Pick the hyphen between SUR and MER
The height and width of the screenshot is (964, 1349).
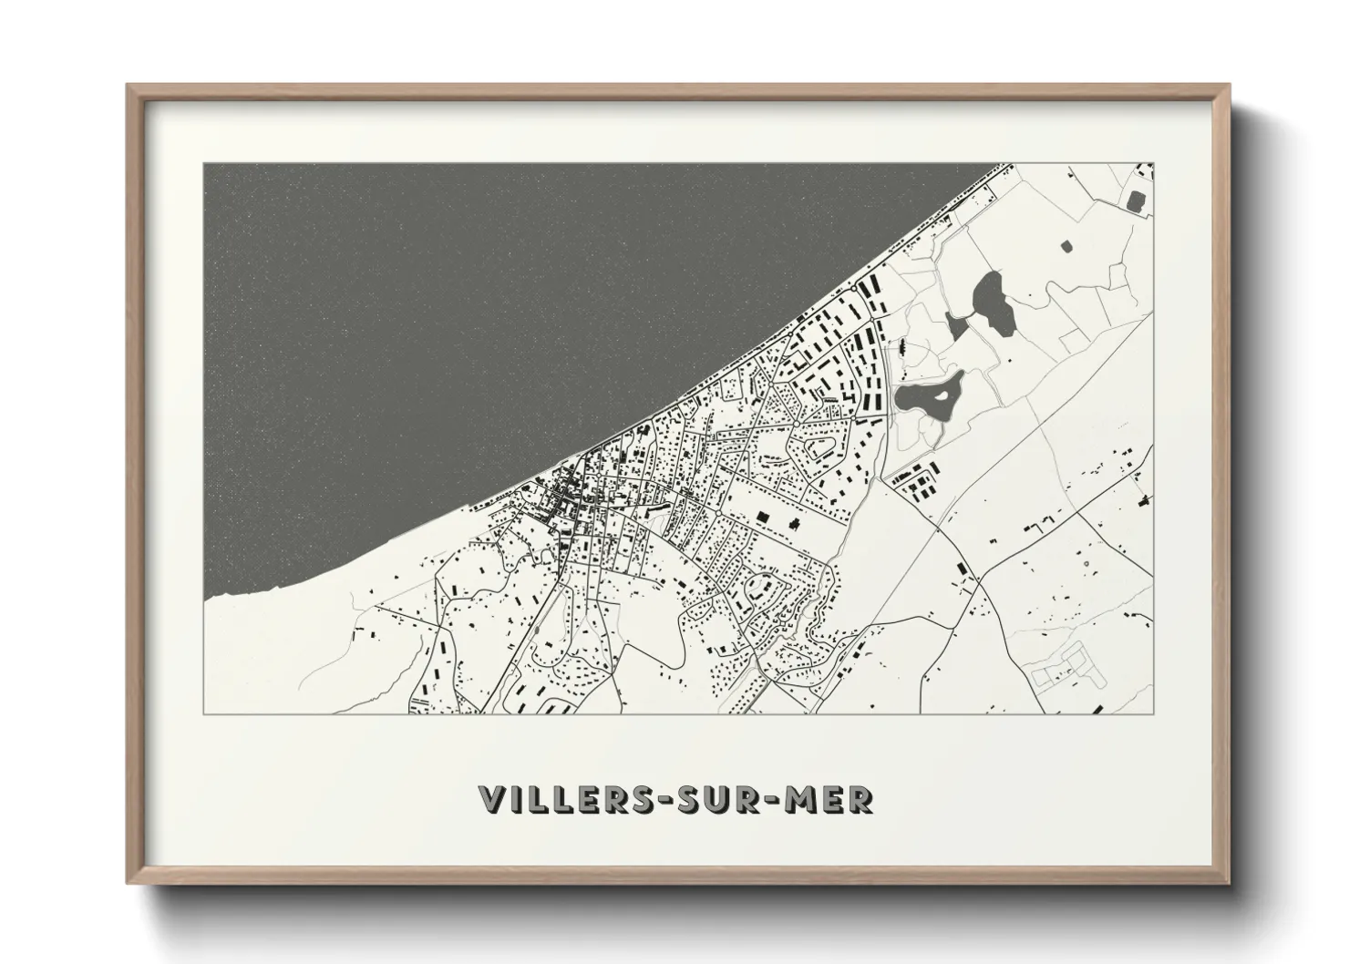tap(767, 800)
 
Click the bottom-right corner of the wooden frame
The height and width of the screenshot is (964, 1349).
tap(1229, 885)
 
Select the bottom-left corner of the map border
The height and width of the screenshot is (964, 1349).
tap(203, 713)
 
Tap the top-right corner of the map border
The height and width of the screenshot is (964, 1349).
tap(1153, 164)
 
